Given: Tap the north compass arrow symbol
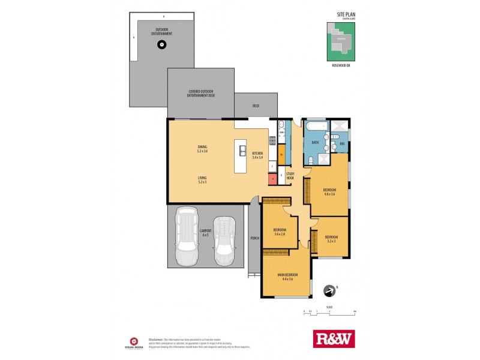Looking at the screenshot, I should [x=328, y=291].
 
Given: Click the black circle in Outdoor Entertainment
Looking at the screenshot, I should [x=161, y=45].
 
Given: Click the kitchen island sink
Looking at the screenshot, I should [x=243, y=151].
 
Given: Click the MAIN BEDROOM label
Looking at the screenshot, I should [x=285, y=277].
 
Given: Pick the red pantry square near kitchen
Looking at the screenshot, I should [x=272, y=178].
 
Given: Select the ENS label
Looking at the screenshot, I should [x=342, y=144].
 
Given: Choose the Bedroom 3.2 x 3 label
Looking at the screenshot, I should [x=331, y=238].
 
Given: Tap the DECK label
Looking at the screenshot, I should [x=256, y=106].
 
